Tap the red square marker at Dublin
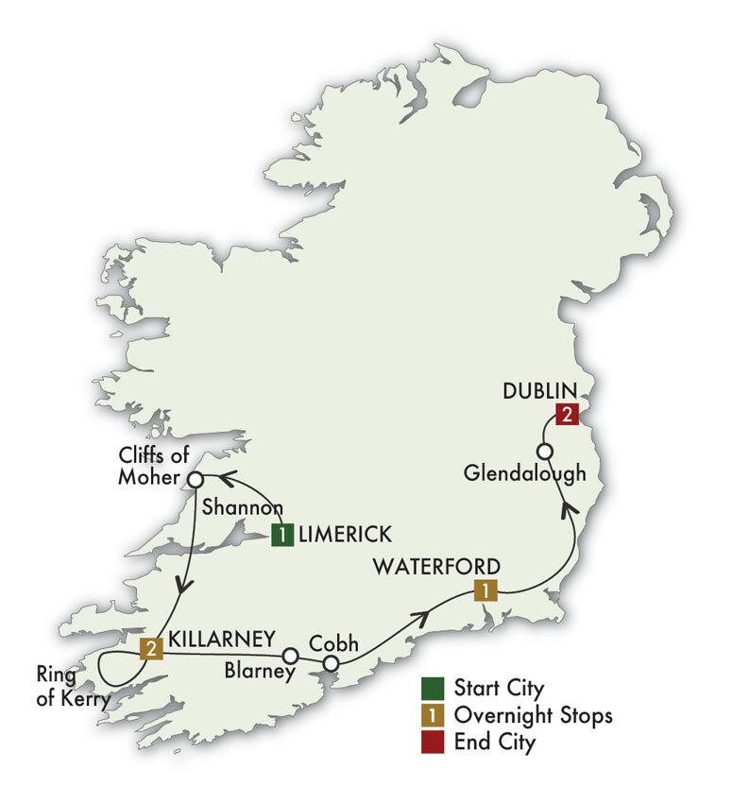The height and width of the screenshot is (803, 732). click(567, 413)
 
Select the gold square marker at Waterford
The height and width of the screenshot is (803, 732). click(484, 592)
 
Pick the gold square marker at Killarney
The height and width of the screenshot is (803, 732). click(150, 648)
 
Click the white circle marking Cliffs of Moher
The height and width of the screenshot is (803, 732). click(194, 479)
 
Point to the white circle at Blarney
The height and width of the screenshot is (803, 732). click(291, 655)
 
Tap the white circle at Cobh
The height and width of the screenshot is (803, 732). click(331, 665)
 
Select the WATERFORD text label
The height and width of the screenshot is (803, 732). click(435, 567)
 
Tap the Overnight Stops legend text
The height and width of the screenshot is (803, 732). click(533, 714)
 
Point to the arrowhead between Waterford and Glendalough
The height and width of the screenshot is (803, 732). click(568, 511)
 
